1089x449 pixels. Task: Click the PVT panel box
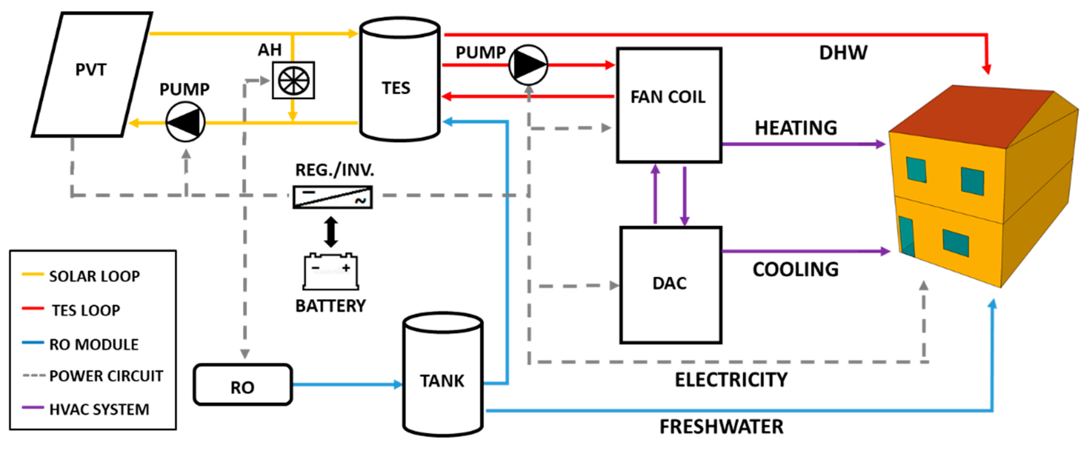(91, 74)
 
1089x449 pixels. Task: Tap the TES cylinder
(399, 80)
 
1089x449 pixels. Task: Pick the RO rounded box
(243, 385)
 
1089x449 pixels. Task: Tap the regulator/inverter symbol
(333, 197)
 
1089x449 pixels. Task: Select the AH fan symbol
(294, 80)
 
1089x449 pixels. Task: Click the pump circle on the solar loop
(185, 122)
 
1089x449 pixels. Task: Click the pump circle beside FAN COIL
(528, 65)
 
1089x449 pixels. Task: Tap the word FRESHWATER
(721, 427)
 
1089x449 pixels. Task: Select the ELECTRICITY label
(731, 379)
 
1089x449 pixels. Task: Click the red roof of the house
(968, 116)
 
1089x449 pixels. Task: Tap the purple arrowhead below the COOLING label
(885, 251)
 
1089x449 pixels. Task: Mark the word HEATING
(795, 128)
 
